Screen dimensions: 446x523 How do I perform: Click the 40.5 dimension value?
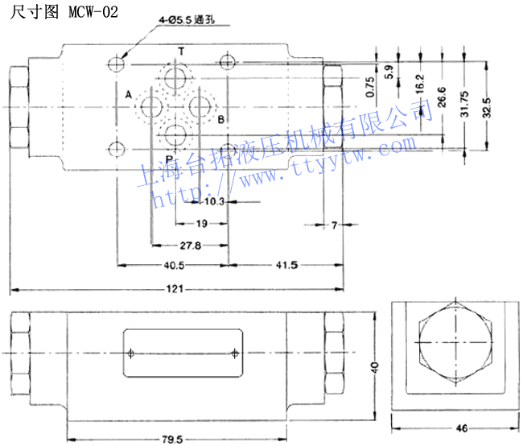[x=175, y=264]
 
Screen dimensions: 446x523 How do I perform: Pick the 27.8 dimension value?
[x=189, y=244]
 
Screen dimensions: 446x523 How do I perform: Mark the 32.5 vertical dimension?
[x=486, y=105]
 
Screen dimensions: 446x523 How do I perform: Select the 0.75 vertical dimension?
[x=369, y=86]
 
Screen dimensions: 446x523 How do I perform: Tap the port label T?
[x=180, y=52]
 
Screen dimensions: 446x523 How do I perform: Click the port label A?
[x=128, y=95]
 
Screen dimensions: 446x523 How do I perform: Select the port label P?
[x=169, y=158]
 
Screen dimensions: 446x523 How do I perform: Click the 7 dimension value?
[x=334, y=225]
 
